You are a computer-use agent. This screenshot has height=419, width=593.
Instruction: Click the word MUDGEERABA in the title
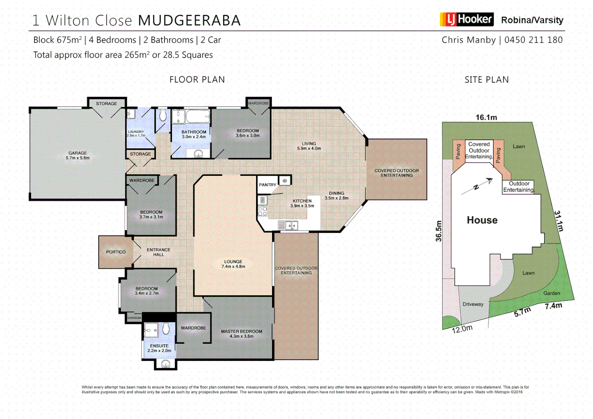189,21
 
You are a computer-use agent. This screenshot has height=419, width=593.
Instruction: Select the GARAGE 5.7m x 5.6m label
78,156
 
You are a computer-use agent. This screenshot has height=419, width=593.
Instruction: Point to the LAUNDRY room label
136,133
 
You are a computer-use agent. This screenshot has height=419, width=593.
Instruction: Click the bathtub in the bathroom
197,116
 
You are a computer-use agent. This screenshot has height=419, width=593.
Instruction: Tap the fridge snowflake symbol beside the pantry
284,181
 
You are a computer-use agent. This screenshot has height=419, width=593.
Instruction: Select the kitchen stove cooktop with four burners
262,211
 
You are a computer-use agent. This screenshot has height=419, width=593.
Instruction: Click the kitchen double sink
288,225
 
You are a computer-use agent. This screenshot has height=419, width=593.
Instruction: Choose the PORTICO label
116,252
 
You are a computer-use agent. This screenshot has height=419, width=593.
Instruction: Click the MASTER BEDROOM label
241,334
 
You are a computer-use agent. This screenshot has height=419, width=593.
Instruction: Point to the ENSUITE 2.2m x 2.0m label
159,348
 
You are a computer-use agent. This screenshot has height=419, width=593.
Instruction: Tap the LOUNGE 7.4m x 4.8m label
233,264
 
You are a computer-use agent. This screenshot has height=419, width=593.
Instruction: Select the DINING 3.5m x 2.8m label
336,196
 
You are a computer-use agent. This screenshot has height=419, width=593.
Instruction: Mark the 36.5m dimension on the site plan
439,231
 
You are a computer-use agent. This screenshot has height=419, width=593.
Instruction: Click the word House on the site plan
482,220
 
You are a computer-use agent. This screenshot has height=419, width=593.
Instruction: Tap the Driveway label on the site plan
473,304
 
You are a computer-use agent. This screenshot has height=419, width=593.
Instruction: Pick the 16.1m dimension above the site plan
486,117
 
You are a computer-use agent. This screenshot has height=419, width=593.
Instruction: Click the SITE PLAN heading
486,80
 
